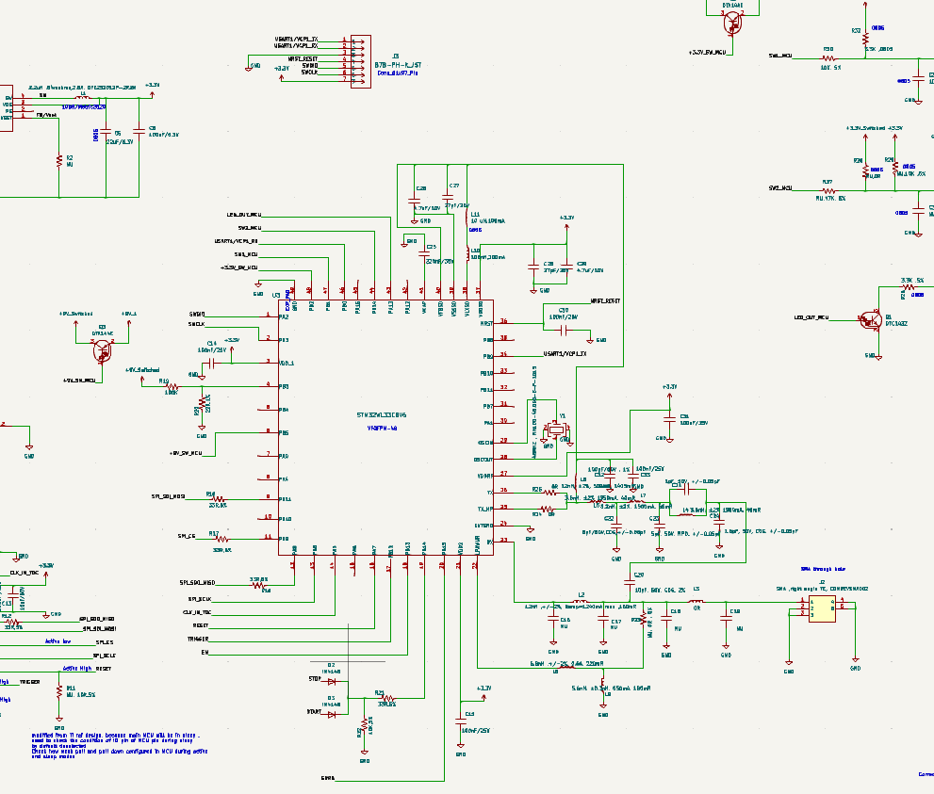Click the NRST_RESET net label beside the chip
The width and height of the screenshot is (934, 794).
(x=604, y=300)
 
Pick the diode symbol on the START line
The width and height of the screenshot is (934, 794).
(x=332, y=714)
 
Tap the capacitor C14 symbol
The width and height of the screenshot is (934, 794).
(x=213, y=362)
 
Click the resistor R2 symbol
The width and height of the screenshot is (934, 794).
(x=59, y=159)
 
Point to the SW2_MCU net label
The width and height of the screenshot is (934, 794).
(x=780, y=188)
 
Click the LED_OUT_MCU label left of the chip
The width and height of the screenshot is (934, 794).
(x=242, y=216)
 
